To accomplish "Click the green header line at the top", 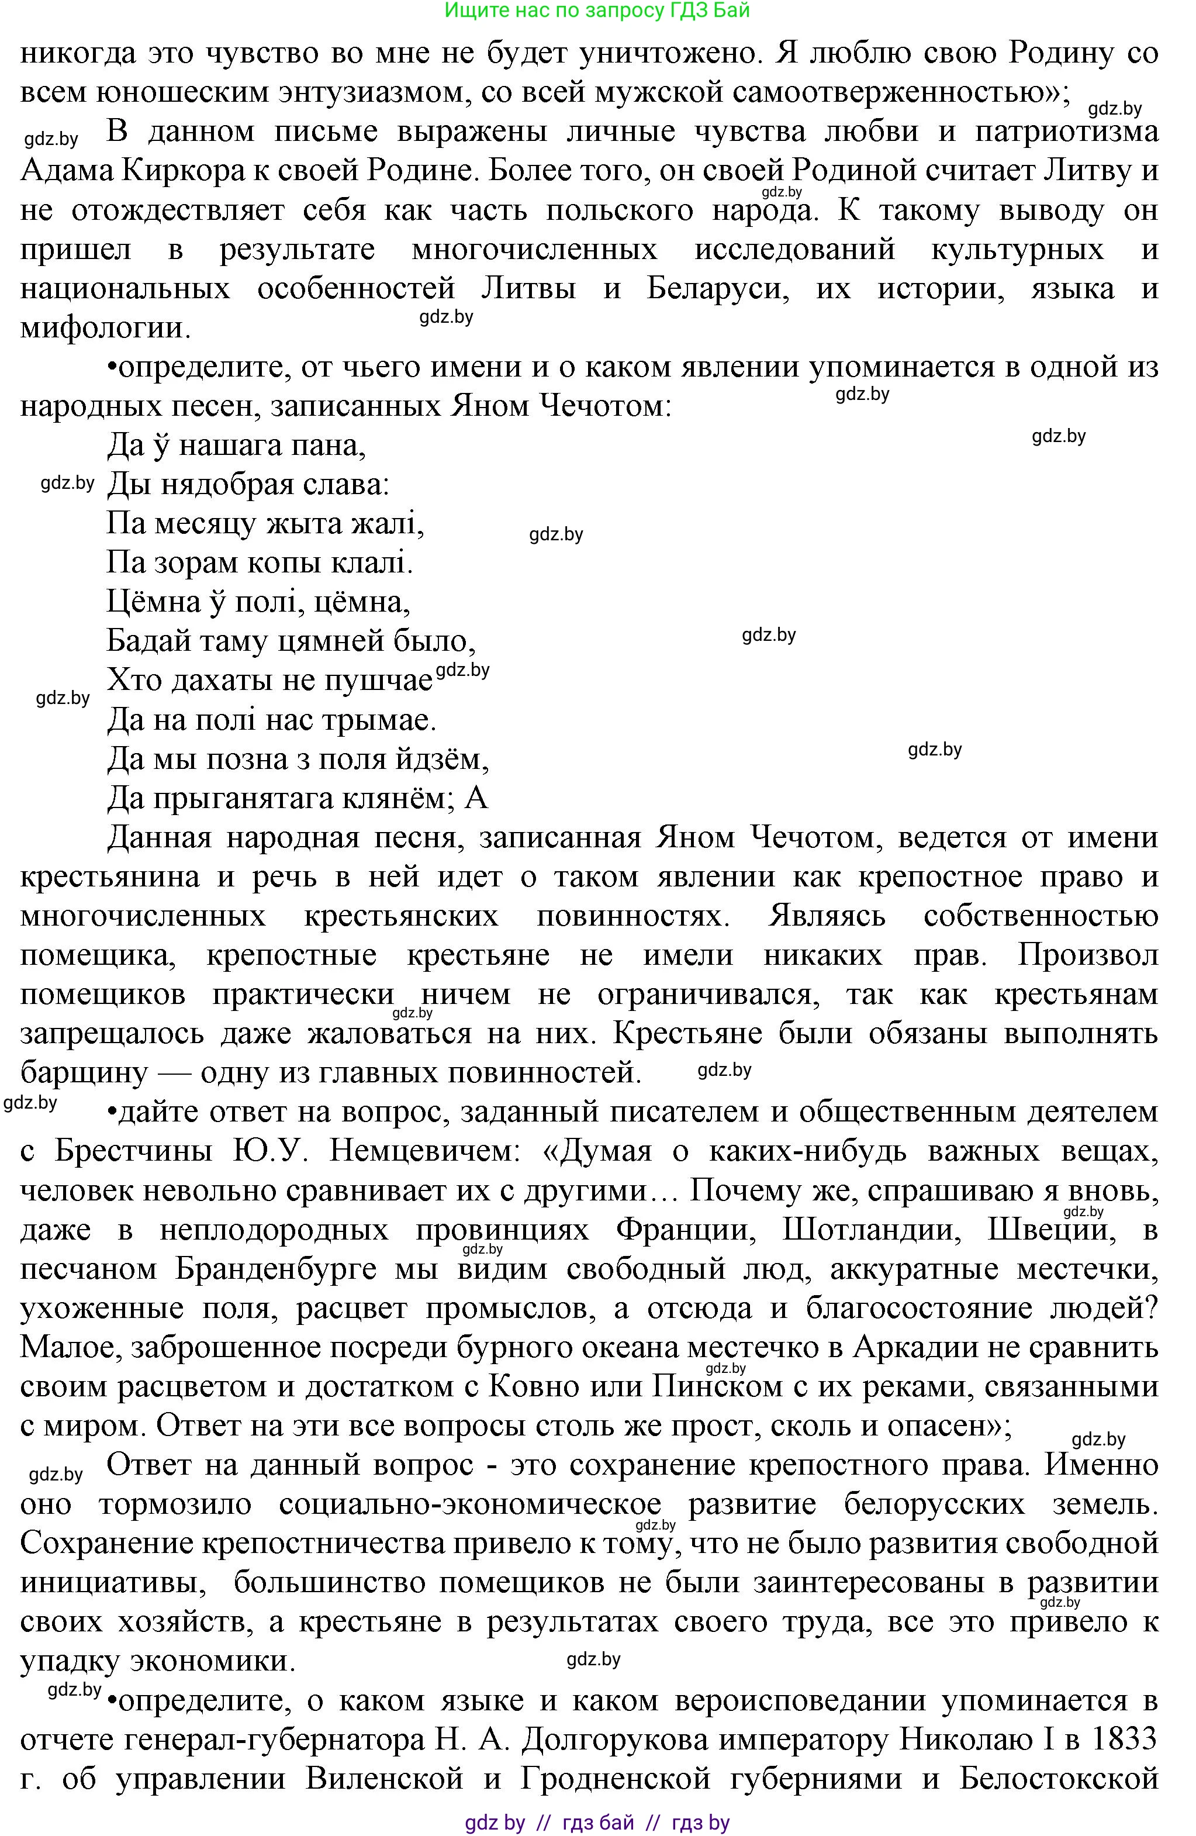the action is [597, 10].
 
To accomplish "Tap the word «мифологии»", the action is [104, 329].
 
